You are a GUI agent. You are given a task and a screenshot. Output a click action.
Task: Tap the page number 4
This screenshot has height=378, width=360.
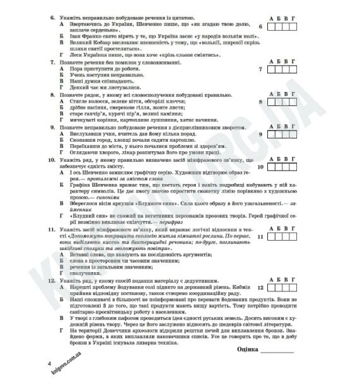pos(49,365)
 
